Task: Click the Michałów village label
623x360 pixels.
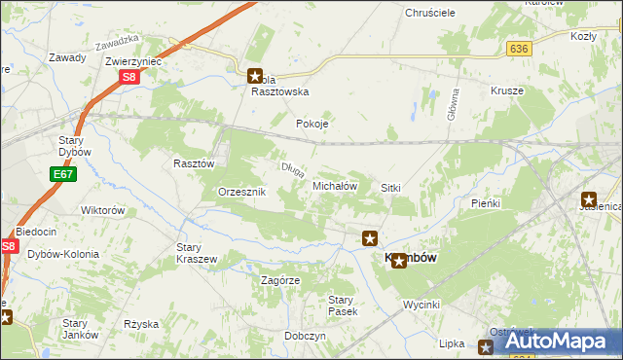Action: pyautogui.click(x=336, y=185)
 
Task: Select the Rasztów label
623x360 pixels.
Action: pyautogui.click(x=193, y=163)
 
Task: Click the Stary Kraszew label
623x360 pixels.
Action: pyautogui.click(x=196, y=253)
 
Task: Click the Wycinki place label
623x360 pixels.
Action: pyautogui.click(x=422, y=305)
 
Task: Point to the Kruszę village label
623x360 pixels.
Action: pyautogui.click(x=507, y=90)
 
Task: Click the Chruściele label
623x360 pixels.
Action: pyautogui.click(x=403, y=13)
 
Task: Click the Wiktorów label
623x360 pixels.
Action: pyautogui.click(x=103, y=210)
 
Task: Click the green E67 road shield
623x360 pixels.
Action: pyautogui.click(x=63, y=174)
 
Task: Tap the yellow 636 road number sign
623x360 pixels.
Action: pyautogui.click(x=518, y=48)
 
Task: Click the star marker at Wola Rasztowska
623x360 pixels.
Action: pyautogui.click(x=254, y=74)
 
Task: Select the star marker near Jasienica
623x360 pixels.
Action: pyautogui.click(x=589, y=198)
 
